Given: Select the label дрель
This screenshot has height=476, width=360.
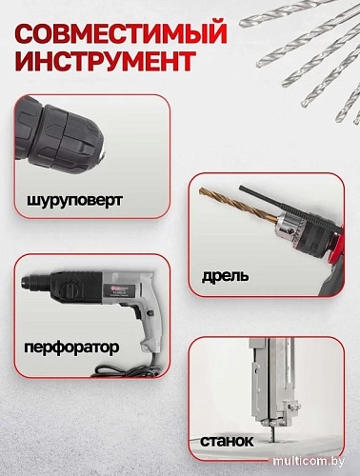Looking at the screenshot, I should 225,276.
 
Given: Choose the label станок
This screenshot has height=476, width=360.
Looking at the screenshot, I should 227,442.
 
